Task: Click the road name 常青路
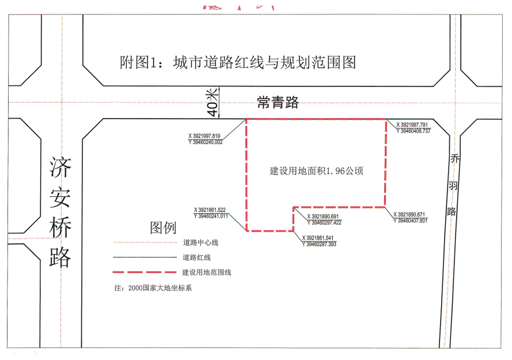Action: (x=278, y=103)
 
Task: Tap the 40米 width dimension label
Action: (x=212, y=102)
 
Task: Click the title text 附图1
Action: (x=138, y=62)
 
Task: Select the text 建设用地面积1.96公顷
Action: (x=317, y=171)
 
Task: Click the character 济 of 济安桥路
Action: (x=60, y=169)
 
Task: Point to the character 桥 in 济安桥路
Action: (x=60, y=229)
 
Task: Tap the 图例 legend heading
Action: (x=163, y=228)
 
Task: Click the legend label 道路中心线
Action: (x=201, y=242)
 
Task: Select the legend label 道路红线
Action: (x=196, y=257)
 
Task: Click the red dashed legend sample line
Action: (x=144, y=272)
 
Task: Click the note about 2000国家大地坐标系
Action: (x=153, y=287)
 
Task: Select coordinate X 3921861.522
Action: (x=211, y=210)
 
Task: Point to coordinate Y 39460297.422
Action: (x=324, y=222)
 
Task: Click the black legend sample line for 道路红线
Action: (x=144, y=257)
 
